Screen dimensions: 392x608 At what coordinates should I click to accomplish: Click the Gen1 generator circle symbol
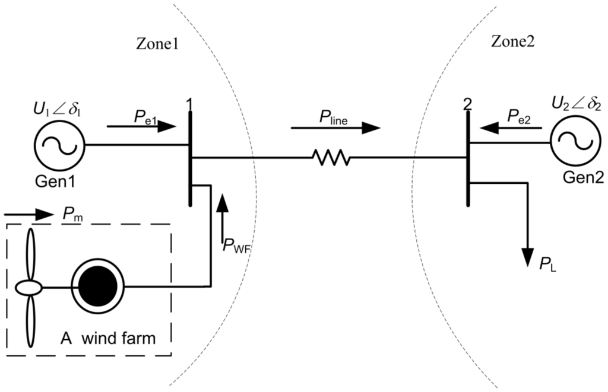pos(60,144)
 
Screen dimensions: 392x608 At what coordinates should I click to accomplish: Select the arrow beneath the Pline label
pos(335,128)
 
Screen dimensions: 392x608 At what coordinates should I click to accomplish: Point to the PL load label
pos(547,264)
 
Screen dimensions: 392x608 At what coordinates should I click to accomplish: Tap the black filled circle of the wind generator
pos(97,288)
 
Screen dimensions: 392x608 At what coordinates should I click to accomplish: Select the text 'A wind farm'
pos(108,339)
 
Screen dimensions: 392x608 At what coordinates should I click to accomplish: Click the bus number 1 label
pos(189,103)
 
